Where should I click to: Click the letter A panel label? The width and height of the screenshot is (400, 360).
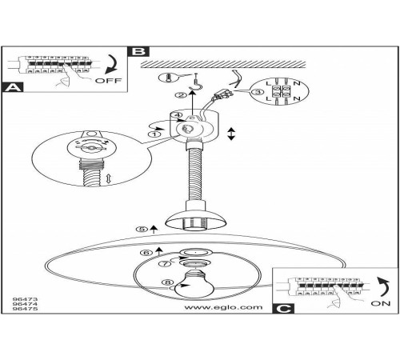(13, 87)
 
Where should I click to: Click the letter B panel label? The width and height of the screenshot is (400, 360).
(138, 51)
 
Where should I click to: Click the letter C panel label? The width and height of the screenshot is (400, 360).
(283, 309)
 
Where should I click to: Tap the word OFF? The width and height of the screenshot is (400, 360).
(108, 80)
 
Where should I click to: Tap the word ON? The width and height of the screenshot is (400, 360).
(381, 303)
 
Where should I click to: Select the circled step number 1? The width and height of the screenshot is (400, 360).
(154, 134)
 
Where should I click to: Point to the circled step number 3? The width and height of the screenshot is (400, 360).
(258, 92)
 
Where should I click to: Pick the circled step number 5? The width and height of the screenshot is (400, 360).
(142, 229)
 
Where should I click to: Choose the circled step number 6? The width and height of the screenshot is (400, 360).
(146, 252)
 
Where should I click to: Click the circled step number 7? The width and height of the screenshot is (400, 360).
(166, 264)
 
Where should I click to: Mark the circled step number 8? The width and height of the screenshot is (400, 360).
(167, 282)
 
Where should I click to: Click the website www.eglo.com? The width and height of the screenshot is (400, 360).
(223, 307)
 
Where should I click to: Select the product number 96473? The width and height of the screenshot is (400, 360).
(26, 299)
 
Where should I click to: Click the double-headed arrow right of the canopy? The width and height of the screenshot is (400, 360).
(231, 134)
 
